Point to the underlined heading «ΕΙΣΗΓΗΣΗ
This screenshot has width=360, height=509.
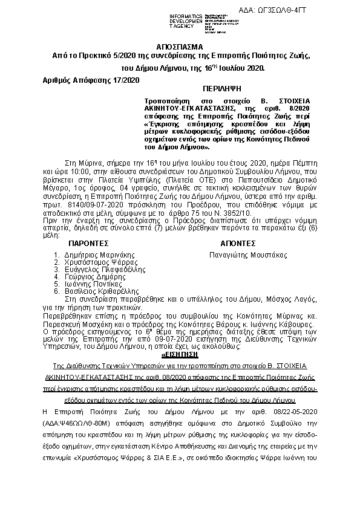180,355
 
